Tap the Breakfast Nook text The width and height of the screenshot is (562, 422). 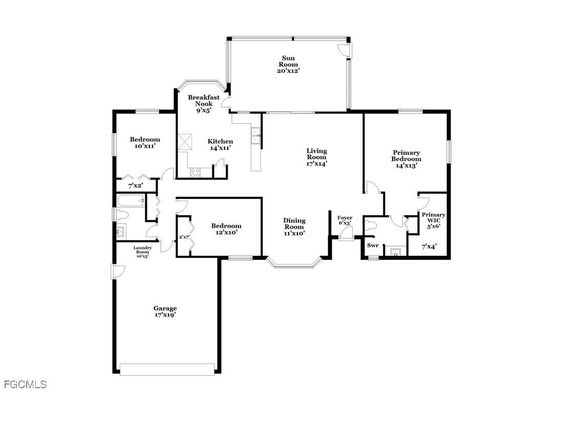(x=203, y=104)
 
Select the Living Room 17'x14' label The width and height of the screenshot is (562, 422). (x=316, y=157)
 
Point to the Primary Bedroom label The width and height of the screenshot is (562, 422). (x=406, y=159)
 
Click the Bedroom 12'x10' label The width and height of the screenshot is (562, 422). (x=226, y=229)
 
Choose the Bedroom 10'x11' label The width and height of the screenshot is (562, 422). (x=144, y=143)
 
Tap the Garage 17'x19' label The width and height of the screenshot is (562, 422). (x=165, y=312)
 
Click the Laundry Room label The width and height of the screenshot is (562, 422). (x=142, y=251)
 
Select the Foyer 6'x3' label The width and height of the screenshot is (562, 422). (x=344, y=220)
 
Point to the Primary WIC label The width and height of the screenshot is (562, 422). (x=433, y=220)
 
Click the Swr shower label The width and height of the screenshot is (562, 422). (x=373, y=246)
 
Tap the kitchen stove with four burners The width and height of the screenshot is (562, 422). (x=196, y=173)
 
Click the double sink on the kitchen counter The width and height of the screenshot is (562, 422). (x=255, y=137)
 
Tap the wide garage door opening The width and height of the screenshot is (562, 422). (x=167, y=369)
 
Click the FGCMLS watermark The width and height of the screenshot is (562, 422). (x=25, y=384)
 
